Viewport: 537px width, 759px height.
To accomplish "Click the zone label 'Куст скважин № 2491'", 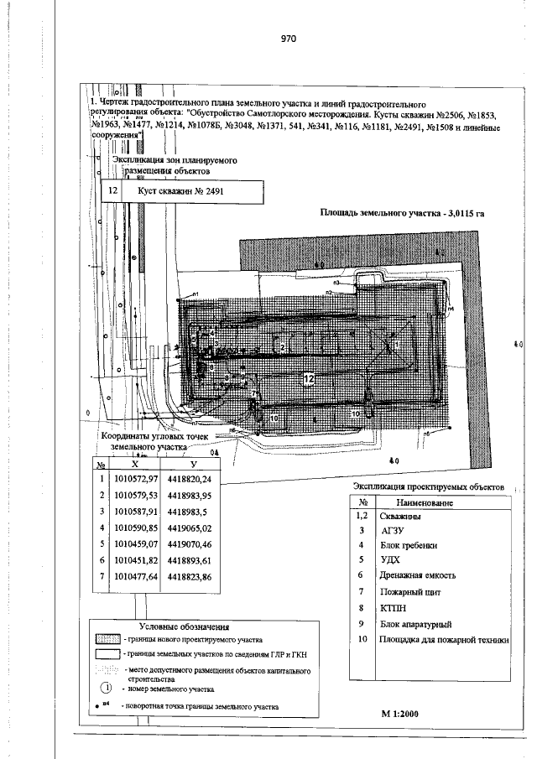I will (175, 191).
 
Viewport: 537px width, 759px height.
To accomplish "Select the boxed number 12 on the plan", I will (308, 379).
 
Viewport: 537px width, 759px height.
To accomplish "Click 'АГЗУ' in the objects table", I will (392, 531).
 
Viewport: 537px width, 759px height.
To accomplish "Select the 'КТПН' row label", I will (393, 607).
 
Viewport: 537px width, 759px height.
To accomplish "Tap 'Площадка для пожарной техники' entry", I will (445, 640).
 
